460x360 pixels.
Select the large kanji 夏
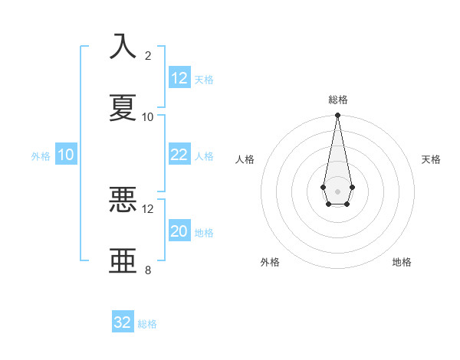123,107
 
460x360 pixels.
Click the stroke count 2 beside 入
148,56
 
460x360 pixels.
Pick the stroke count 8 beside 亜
148,270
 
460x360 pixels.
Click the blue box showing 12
179,78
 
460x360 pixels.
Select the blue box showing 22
179,155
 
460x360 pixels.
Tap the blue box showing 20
179,231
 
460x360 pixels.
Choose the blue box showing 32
123,322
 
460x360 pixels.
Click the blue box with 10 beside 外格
66,155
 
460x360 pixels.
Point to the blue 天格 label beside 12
204,80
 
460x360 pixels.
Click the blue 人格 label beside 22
204,156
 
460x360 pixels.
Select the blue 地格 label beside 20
204,233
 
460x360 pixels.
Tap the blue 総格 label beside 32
147,324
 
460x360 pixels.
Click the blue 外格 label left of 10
41,156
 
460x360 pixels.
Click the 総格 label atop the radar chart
337,100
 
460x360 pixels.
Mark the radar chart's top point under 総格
337,116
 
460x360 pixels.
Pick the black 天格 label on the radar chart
431,159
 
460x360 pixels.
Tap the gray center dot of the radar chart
337,190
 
